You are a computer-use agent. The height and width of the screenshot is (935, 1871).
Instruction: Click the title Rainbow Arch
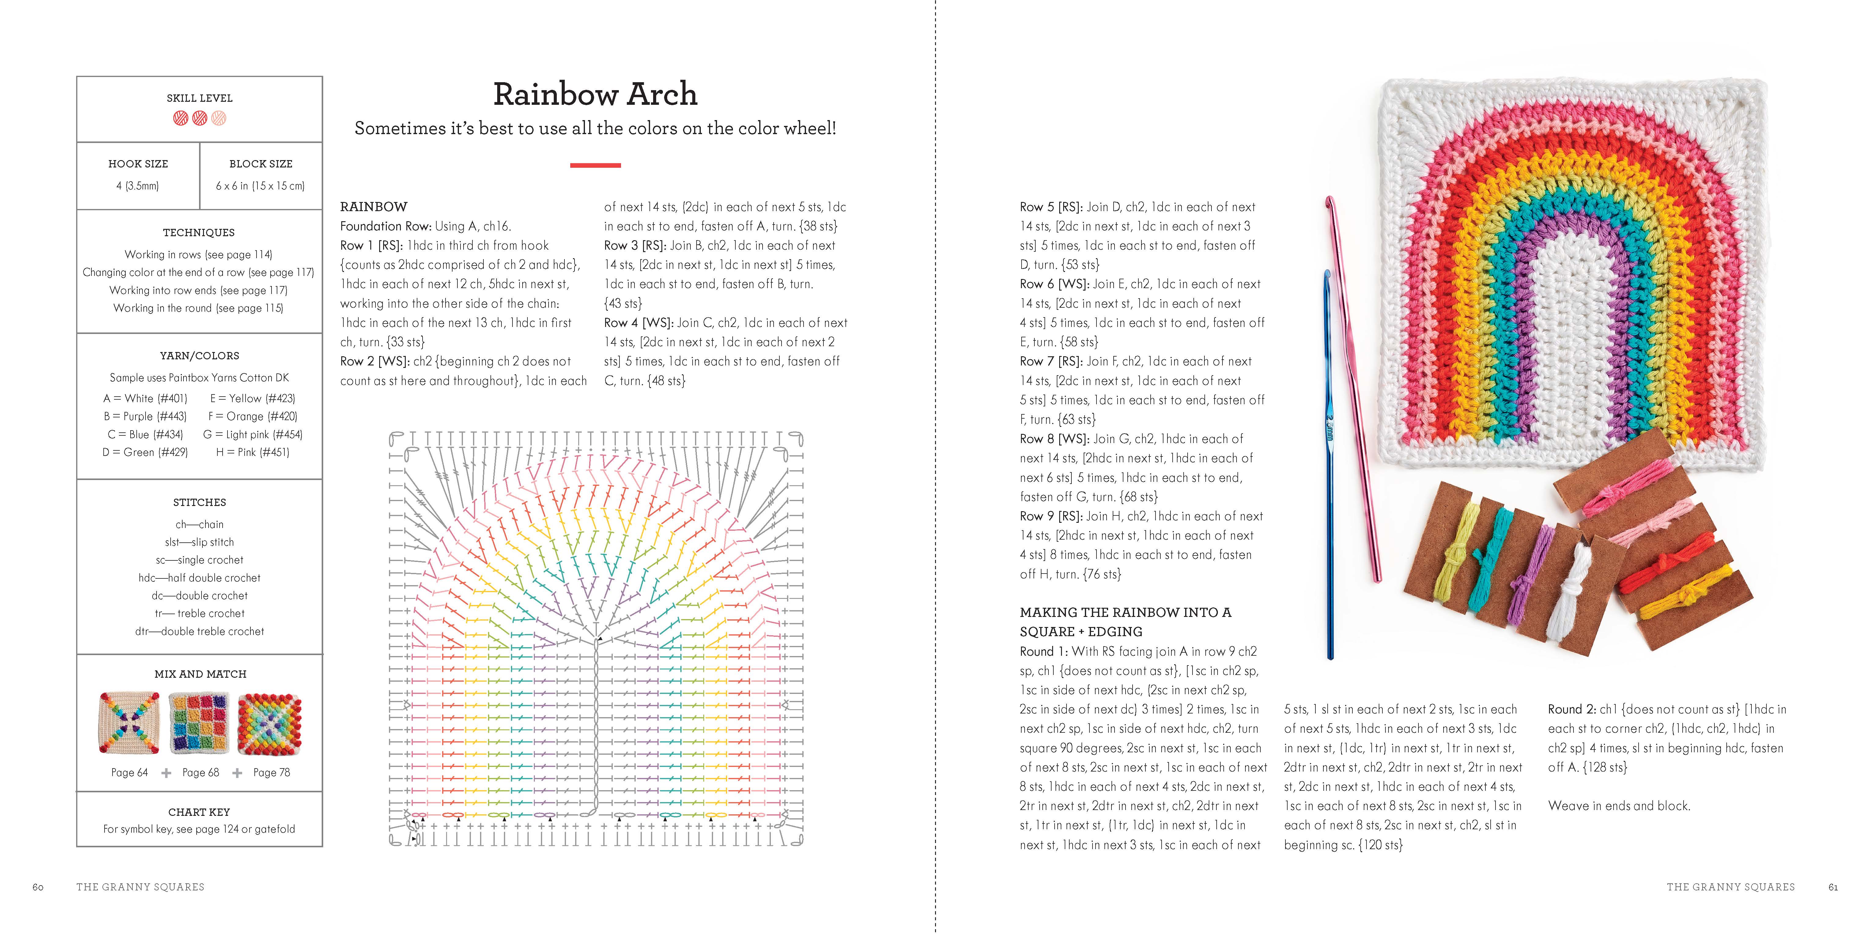click(x=595, y=94)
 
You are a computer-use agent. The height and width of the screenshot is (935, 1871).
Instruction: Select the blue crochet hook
click(x=1329, y=464)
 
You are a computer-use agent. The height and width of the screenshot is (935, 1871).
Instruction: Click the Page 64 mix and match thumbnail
click(x=129, y=723)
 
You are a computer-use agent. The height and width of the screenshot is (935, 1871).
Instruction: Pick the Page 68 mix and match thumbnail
click(x=199, y=723)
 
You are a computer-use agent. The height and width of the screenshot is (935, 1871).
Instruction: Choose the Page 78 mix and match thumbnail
click(x=269, y=723)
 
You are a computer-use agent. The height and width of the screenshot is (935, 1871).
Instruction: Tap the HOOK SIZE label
click(x=138, y=164)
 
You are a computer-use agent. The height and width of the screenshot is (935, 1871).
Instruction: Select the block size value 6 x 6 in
click(x=260, y=186)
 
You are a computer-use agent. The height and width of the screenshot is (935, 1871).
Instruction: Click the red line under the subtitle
click(x=595, y=166)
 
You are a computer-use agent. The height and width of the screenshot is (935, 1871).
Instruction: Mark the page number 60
click(x=38, y=887)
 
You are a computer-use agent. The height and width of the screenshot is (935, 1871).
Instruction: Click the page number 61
click(x=1833, y=887)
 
